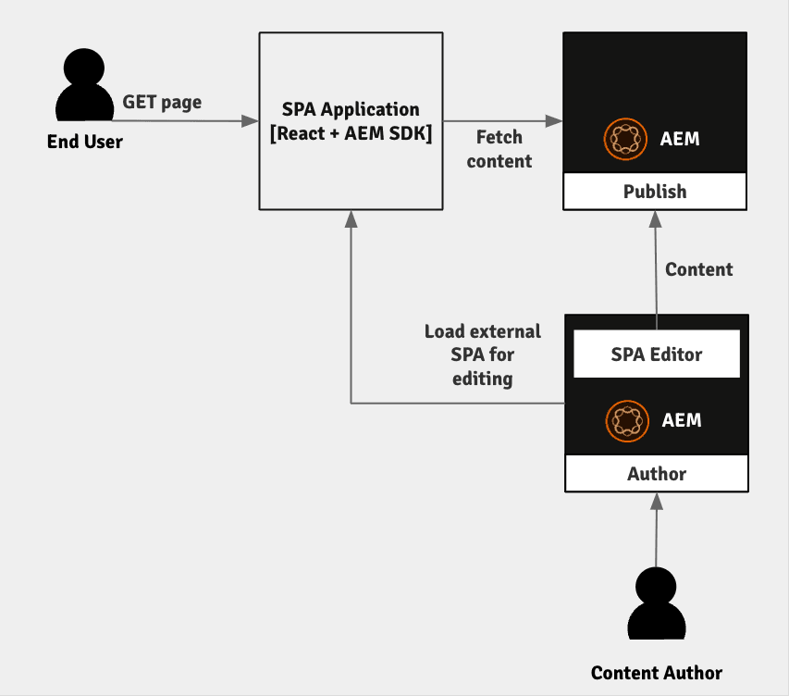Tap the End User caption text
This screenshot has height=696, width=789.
(x=85, y=142)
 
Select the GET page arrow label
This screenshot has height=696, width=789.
(x=162, y=102)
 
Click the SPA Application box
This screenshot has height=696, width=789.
(x=351, y=121)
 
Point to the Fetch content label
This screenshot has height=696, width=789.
(x=499, y=149)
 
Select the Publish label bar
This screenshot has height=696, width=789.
(x=655, y=192)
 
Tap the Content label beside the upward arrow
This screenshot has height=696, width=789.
(x=699, y=269)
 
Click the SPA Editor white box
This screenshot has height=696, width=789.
(x=657, y=354)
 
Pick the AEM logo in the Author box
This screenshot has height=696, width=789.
(x=625, y=420)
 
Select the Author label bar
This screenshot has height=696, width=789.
(x=657, y=474)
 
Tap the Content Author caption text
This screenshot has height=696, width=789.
(x=657, y=673)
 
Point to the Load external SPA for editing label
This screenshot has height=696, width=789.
(x=483, y=354)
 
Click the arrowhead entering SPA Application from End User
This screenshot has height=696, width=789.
(x=251, y=121)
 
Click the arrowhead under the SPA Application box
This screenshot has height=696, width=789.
(x=351, y=218)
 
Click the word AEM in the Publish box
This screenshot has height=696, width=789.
(x=680, y=140)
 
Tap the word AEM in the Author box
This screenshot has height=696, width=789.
(x=682, y=420)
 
